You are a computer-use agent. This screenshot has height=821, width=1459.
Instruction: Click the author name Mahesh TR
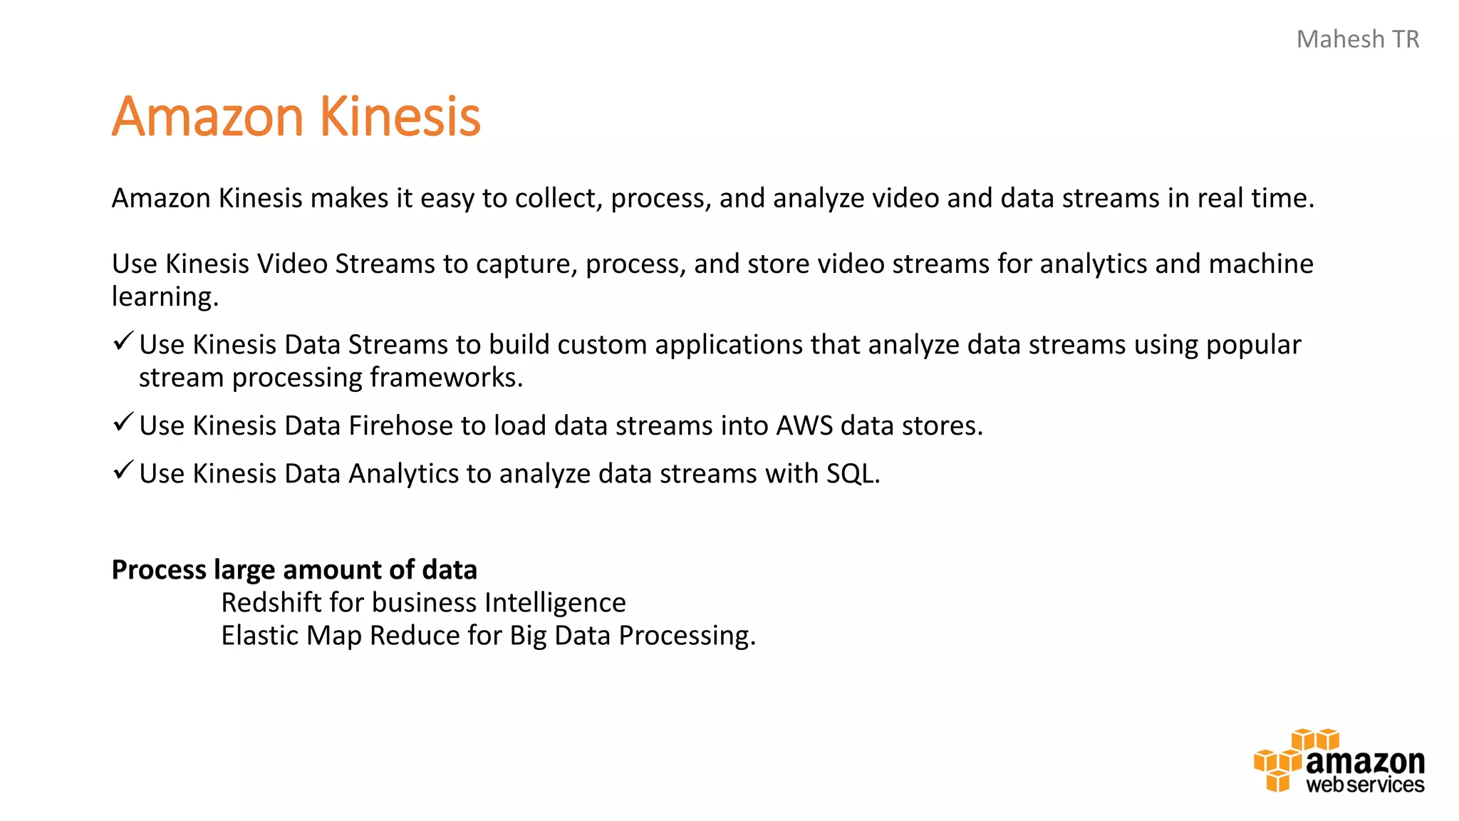click(x=1357, y=39)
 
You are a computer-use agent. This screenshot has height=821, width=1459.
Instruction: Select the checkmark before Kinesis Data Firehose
click(x=123, y=423)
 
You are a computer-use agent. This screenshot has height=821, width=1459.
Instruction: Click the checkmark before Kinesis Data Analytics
click(x=123, y=470)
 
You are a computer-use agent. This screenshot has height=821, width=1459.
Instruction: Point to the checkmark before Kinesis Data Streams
click(x=123, y=341)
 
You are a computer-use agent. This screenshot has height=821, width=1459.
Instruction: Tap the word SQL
click(x=852, y=474)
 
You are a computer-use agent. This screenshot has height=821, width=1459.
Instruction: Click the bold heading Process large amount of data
click(x=294, y=569)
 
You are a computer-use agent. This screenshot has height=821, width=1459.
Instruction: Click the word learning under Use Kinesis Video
click(x=165, y=297)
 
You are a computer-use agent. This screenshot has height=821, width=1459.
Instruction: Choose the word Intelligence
click(x=555, y=603)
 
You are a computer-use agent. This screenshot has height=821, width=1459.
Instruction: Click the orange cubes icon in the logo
click(x=1280, y=761)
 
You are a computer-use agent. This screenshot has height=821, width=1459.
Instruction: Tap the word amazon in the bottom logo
click(x=1365, y=762)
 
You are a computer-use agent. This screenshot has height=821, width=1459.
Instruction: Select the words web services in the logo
click(x=1365, y=785)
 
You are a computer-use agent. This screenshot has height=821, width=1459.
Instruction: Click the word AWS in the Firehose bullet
click(x=804, y=425)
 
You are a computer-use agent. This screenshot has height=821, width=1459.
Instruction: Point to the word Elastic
click(x=260, y=636)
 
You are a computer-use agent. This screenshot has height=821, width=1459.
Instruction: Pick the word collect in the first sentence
click(x=559, y=198)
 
